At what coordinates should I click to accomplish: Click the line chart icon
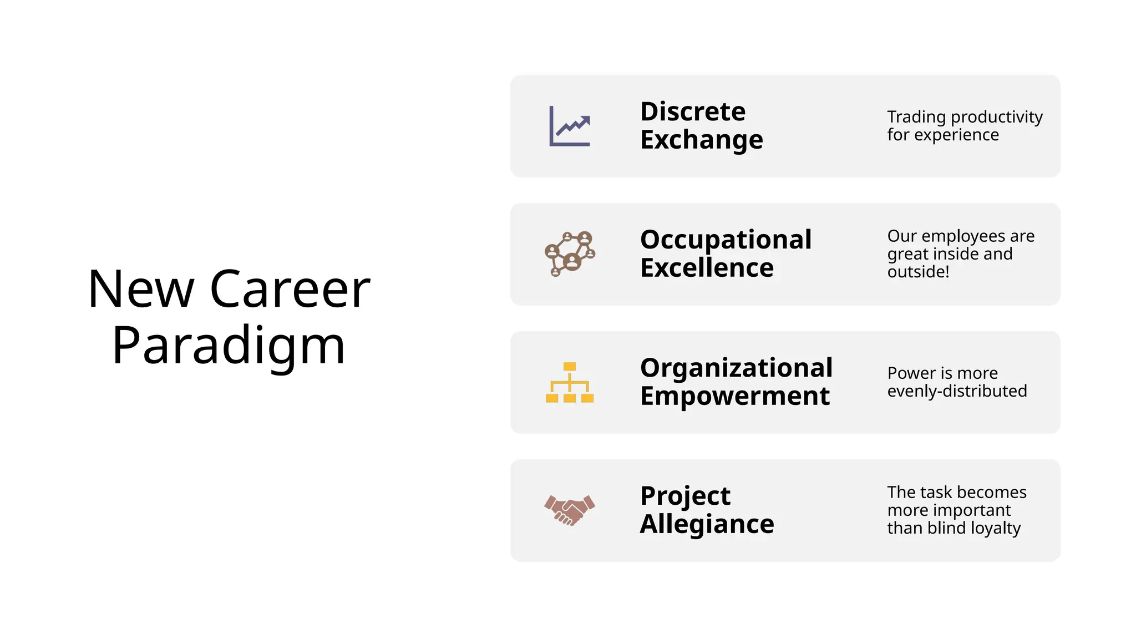pyautogui.click(x=570, y=126)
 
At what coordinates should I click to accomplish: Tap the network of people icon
pyautogui.click(x=570, y=254)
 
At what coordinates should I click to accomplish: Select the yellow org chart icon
pyautogui.click(x=570, y=382)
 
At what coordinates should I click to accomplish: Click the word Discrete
pyautogui.click(x=693, y=111)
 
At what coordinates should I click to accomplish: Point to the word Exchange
pyautogui.click(x=702, y=140)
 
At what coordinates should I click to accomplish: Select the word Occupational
pyautogui.click(x=726, y=240)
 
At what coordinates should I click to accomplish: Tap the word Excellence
pyautogui.click(x=707, y=268)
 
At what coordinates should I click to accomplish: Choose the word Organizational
pyautogui.click(x=736, y=368)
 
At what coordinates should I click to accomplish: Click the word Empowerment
pyautogui.click(x=735, y=396)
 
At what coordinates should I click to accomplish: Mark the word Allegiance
pyautogui.click(x=707, y=524)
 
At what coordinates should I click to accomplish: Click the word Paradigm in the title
pyautogui.click(x=229, y=346)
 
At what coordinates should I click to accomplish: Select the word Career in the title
pyautogui.click(x=290, y=289)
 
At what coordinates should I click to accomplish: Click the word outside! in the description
pyautogui.click(x=918, y=272)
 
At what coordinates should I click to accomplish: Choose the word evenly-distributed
pyautogui.click(x=957, y=391)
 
